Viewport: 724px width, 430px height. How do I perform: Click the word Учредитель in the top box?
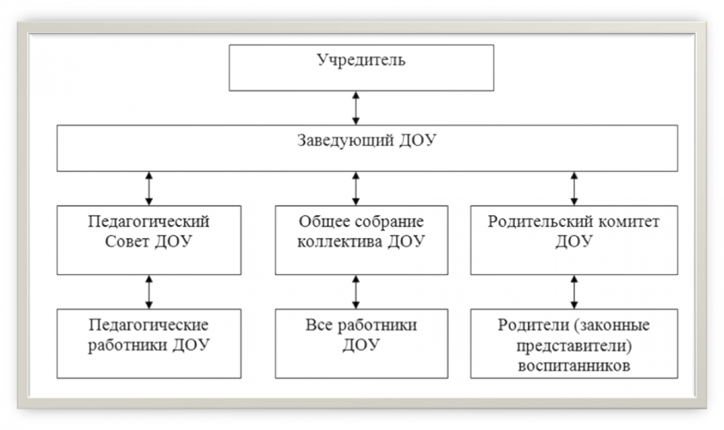click(x=361, y=60)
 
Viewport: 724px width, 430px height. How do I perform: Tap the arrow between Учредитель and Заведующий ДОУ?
click(x=355, y=107)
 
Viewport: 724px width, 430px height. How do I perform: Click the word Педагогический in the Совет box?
click(x=148, y=222)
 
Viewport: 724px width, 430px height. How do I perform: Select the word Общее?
click(x=323, y=222)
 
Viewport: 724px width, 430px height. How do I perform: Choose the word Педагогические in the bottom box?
click(x=148, y=325)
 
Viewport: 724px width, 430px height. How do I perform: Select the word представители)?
click(x=573, y=346)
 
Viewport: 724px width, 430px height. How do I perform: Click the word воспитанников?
click(x=573, y=367)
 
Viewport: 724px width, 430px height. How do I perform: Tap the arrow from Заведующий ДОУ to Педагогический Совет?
click(x=148, y=188)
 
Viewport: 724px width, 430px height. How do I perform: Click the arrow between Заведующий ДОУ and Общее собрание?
click(x=355, y=188)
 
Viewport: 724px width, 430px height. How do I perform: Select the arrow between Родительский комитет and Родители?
click(x=573, y=291)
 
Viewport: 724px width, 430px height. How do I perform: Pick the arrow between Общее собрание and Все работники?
click(x=355, y=291)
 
